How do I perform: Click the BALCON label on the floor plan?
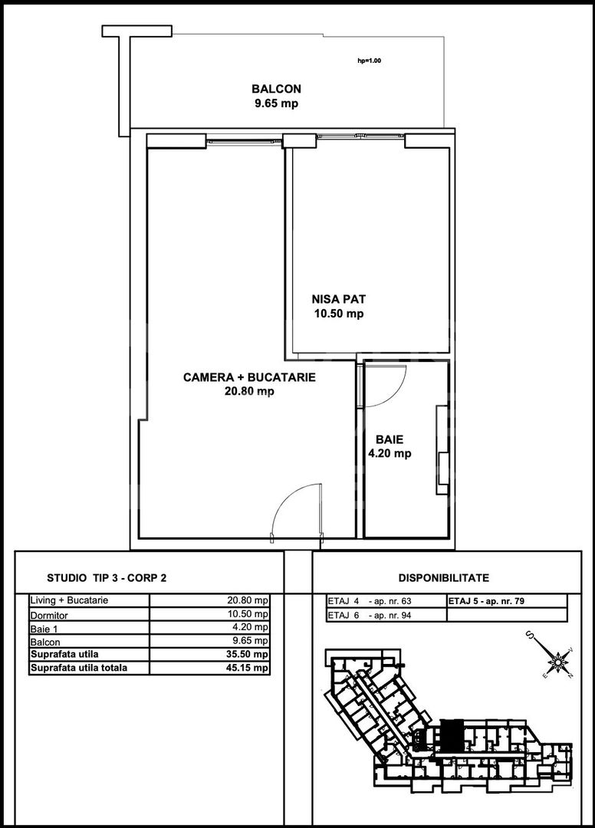pos(276,89)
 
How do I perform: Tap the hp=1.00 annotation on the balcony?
pos(369,61)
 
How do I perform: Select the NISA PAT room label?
pos(338,300)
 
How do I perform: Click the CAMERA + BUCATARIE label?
pos(249,377)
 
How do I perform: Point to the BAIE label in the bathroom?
pos(390,439)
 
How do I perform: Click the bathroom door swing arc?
pos(393,393)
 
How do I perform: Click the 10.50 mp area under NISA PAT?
pos(339,314)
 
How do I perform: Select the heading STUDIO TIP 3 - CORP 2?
pos(107,578)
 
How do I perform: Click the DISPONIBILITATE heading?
pos(444,578)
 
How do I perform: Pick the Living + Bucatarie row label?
pos(69,600)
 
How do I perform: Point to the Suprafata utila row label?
pos(64,654)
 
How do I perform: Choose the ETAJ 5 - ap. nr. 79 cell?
pos(486,601)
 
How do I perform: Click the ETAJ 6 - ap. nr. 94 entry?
pos(369,615)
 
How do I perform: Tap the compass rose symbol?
pos(557,659)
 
